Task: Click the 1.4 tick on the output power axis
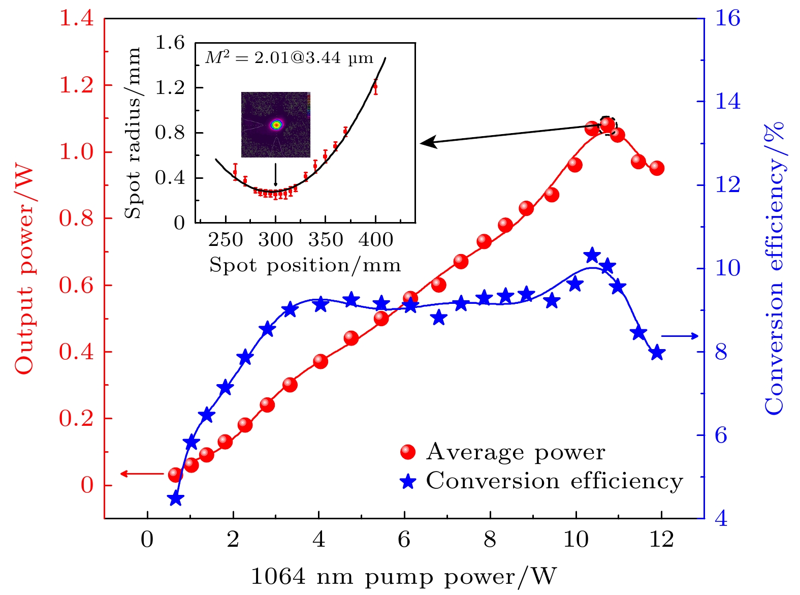(77, 19)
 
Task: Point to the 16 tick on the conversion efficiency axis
(728, 19)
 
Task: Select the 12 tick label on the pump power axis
(661, 539)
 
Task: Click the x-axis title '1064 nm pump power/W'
(404, 577)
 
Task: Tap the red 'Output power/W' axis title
(23, 269)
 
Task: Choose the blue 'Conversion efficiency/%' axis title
(774, 269)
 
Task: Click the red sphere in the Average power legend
(408, 452)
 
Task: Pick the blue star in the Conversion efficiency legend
(408, 481)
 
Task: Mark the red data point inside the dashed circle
(606, 124)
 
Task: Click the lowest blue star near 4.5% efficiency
(175, 498)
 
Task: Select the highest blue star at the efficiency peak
(592, 256)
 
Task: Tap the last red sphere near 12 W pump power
(657, 168)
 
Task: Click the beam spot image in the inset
(275, 124)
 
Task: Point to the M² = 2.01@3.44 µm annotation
(289, 58)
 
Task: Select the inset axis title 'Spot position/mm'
(305, 265)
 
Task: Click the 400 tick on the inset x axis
(375, 239)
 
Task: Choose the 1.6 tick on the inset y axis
(170, 43)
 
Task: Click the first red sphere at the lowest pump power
(175, 475)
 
